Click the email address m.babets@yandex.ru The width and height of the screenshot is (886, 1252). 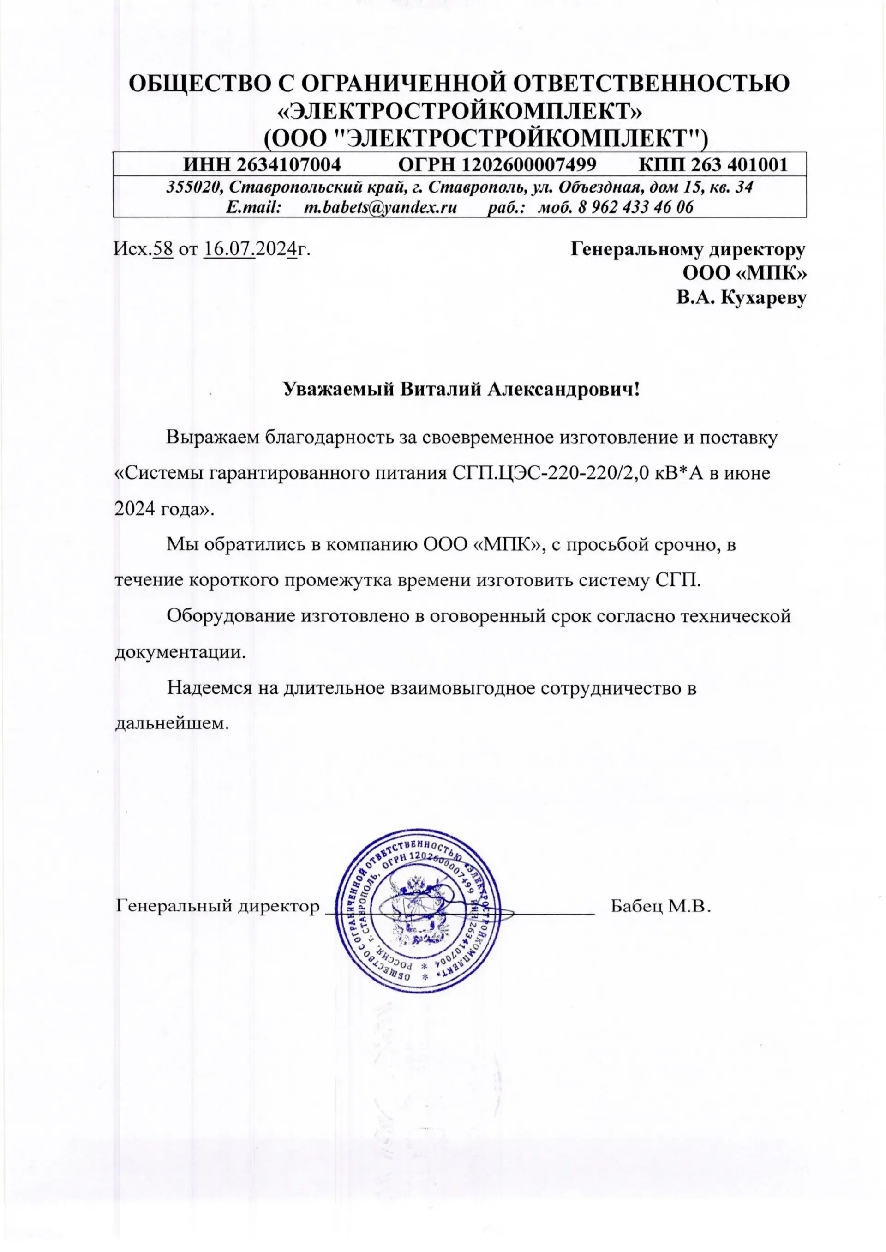(380, 207)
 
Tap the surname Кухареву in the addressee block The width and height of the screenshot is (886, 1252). (764, 297)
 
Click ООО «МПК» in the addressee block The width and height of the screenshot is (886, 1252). (745, 273)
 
